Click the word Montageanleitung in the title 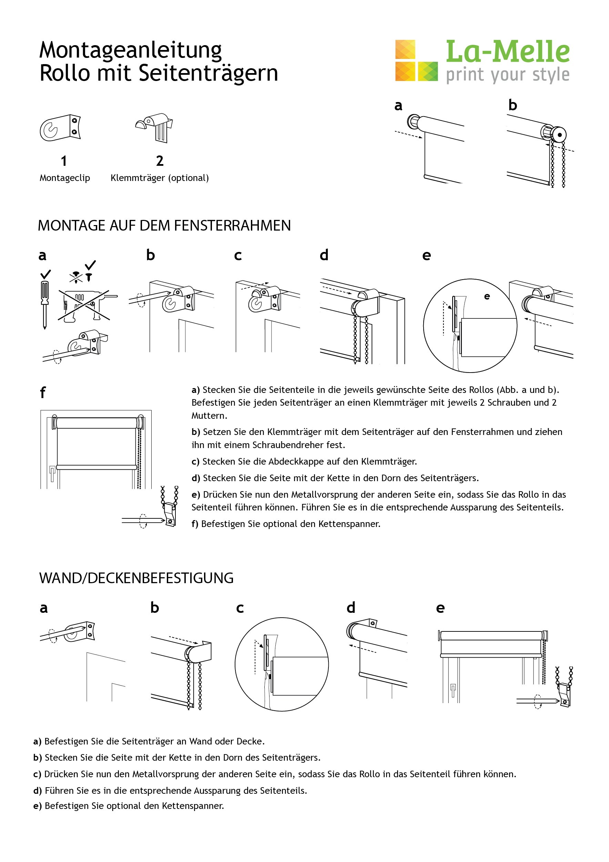coord(130,50)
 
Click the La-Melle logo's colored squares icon coord(416,61)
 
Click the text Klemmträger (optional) coord(160,178)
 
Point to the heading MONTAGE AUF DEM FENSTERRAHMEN coord(164,226)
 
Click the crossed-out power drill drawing coord(84,305)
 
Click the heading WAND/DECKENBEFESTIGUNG coord(136,578)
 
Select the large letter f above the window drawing coord(42,393)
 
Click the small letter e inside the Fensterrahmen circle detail coord(487,297)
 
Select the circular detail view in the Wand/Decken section coord(282,664)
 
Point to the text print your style coord(507,75)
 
